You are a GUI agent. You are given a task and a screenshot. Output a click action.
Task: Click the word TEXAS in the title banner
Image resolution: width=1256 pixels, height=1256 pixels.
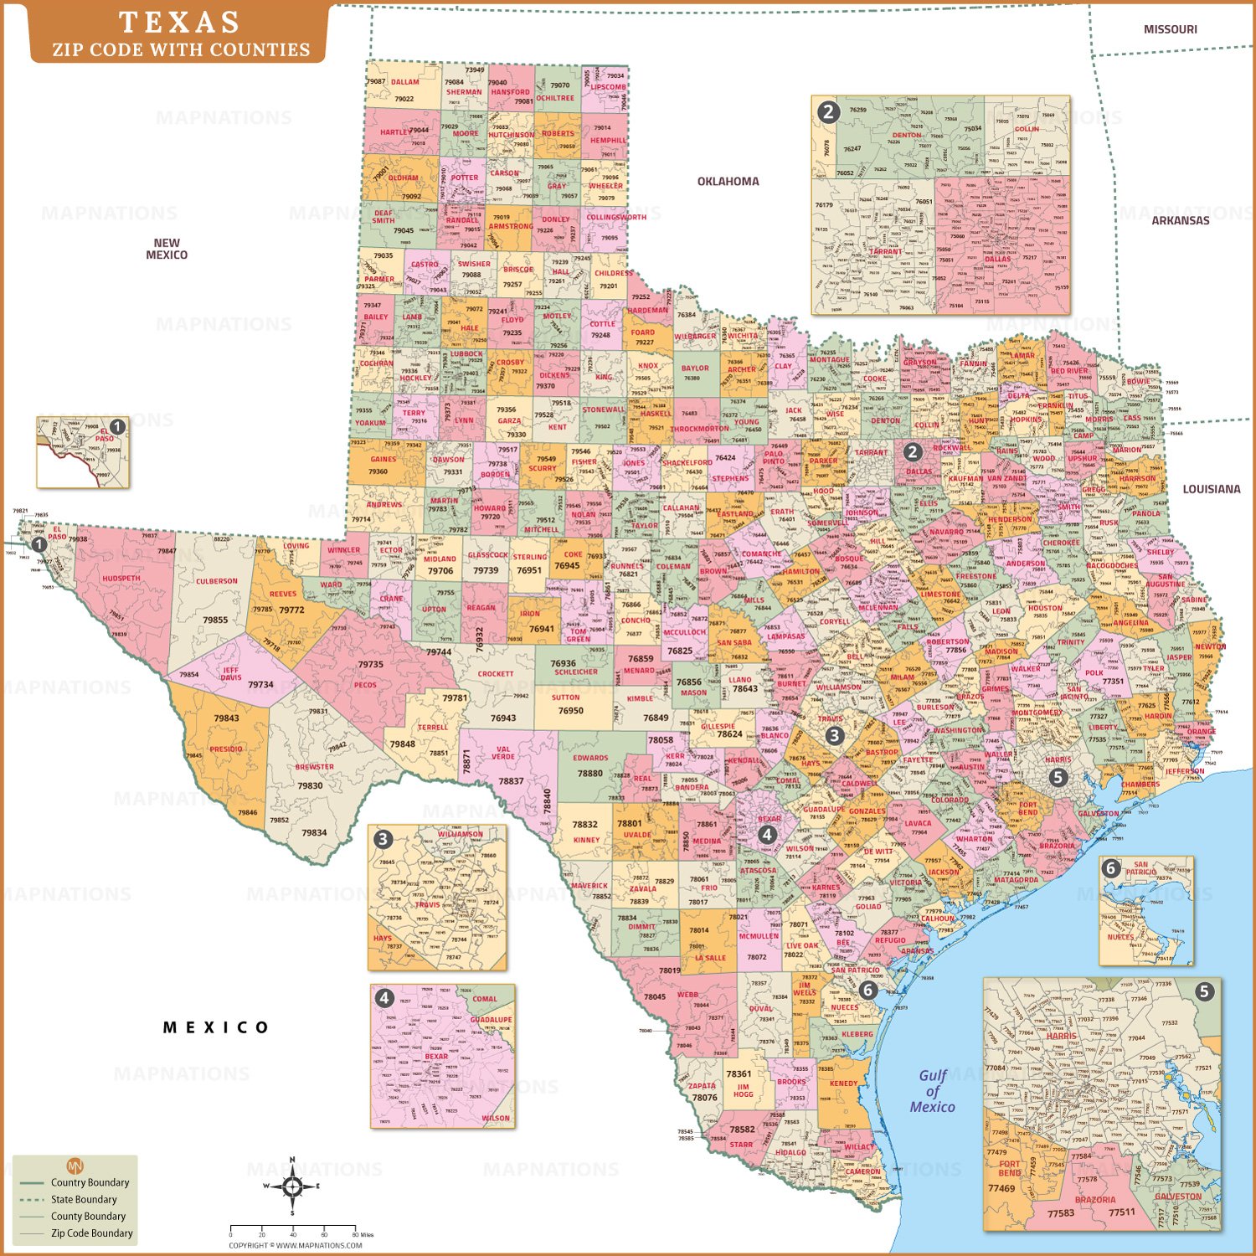pyautogui.click(x=179, y=23)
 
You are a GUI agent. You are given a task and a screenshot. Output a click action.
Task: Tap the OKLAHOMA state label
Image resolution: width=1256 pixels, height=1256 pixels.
pyautogui.click(x=728, y=181)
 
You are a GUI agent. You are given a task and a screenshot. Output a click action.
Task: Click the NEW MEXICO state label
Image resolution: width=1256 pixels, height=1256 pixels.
pyautogui.click(x=167, y=249)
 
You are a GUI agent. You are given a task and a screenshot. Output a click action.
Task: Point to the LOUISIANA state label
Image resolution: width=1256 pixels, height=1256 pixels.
pyautogui.click(x=1211, y=489)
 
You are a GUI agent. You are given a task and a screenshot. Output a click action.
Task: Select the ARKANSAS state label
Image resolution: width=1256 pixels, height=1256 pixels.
pyautogui.click(x=1180, y=220)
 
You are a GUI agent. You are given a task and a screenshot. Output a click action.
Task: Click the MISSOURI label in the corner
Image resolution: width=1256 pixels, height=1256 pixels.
pyautogui.click(x=1170, y=29)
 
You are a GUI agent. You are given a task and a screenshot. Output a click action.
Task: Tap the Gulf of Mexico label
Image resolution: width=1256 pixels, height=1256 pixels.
pyautogui.click(x=932, y=1091)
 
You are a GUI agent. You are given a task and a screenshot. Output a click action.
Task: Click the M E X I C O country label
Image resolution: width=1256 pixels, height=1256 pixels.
pyautogui.click(x=216, y=1027)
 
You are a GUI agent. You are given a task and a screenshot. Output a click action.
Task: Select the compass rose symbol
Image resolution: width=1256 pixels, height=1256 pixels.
pyautogui.click(x=292, y=1186)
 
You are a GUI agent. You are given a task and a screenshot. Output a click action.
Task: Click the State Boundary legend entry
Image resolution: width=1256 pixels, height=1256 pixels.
pyautogui.click(x=84, y=1199)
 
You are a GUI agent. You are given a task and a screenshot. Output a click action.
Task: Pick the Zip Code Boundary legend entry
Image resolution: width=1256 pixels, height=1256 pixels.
pyautogui.click(x=91, y=1233)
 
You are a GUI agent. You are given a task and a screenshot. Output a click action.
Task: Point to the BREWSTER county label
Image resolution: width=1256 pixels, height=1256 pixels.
pyautogui.click(x=314, y=767)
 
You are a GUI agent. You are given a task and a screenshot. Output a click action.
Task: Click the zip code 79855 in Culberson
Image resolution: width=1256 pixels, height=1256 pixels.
pyautogui.click(x=215, y=620)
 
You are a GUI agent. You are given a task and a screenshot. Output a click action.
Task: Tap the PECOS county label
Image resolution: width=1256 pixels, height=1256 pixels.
pyautogui.click(x=365, y=685)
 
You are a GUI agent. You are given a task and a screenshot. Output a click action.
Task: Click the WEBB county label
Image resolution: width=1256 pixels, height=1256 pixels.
pyautogui.click(x=687, y=995)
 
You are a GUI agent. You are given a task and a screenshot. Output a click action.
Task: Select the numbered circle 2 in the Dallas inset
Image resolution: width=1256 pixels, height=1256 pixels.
pyautogui.click(x=828, y=111)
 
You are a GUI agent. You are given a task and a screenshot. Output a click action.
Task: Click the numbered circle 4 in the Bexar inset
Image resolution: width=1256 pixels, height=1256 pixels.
pyautogui.click(x=384, y=997)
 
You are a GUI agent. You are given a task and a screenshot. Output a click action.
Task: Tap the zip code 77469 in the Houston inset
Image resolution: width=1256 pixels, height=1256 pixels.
pyautogui.click(x=1001, y=1187)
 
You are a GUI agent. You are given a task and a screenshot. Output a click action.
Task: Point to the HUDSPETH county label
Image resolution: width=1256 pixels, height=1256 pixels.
pyautogui.click(x=121, y=579)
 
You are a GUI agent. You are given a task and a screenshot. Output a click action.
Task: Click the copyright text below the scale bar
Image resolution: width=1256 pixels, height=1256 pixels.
pyautogui.click(x=296, y=1245)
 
